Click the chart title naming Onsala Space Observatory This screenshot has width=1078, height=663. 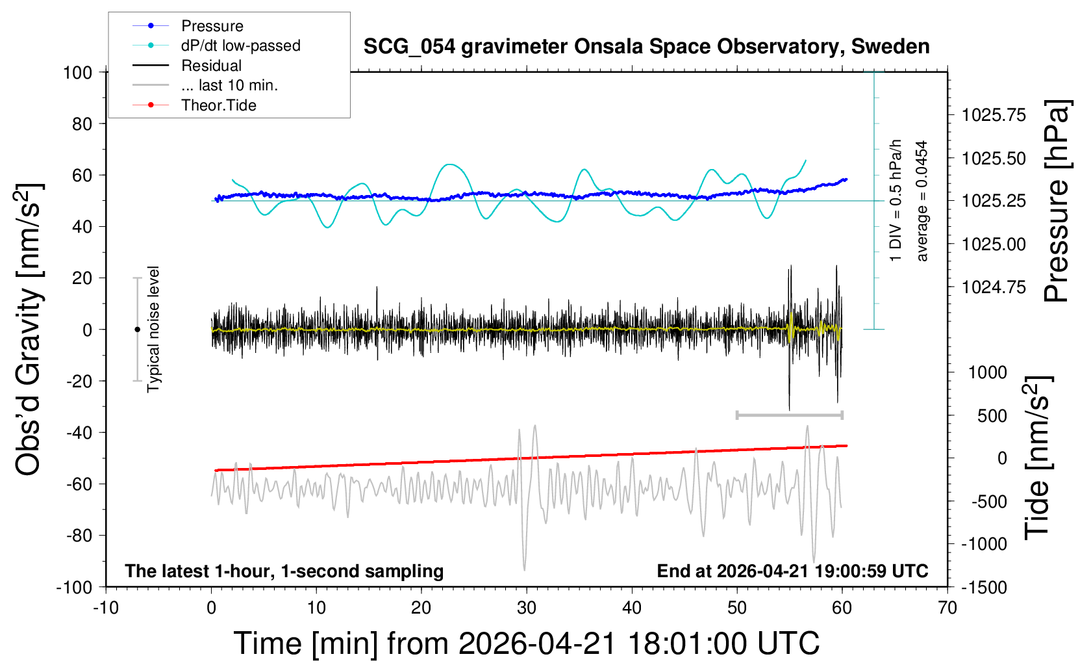point(646,47)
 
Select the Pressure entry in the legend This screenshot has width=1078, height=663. point(212,26)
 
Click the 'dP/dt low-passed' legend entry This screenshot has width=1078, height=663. point(240,45)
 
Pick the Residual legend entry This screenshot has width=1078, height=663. point(211,66)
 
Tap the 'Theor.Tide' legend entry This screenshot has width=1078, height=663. point(218,105)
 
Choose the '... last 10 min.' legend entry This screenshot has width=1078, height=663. point(229,85)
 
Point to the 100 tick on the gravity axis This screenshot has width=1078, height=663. point(78,72)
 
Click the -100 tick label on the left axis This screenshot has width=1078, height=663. point(74,587)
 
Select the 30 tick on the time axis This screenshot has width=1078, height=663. point(527,608)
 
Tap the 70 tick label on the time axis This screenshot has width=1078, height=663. point(947,608)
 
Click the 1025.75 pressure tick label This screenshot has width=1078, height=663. point(994,115)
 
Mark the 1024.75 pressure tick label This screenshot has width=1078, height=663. point(994,287)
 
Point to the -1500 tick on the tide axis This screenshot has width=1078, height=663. point(984,587)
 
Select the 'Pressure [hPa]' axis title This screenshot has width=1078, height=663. point(1057,201)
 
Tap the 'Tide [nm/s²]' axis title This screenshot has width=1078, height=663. point(1037,458)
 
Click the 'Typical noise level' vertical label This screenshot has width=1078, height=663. point(153,329)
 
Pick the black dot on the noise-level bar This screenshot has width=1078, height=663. point(137,330)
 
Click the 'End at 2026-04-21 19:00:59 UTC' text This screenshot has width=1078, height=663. point(792,571)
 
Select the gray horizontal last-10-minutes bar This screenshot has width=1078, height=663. point(789,415)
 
